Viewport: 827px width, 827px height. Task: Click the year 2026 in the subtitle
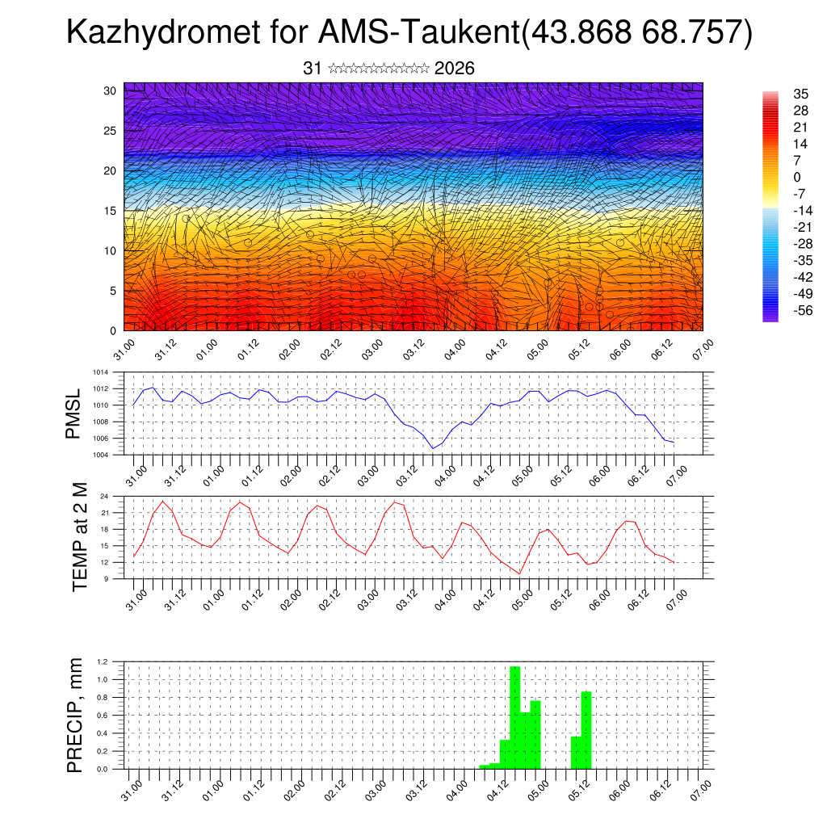[x=454, y=69]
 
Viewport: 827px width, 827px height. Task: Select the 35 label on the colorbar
[x=779, y=94]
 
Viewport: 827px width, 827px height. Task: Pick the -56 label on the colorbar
[x=781, y=310]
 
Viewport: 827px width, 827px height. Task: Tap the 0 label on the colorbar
[x=775, y=177]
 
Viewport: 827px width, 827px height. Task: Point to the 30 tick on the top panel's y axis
[x=111, y=90]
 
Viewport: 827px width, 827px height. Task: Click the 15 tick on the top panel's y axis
[x=111, y=211]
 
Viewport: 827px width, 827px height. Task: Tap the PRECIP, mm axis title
[x=75, y=715]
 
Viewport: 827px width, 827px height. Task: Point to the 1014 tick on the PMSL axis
[x=99, y=372]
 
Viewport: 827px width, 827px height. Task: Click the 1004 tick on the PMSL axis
[x=99, y=455]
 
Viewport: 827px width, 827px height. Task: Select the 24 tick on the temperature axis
[x=105, y=496]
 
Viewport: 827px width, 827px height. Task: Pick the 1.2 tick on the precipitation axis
[x=103, y=661]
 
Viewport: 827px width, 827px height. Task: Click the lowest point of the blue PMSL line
[x=433, y=448]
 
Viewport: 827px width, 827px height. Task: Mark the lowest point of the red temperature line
[x=520, y=573]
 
